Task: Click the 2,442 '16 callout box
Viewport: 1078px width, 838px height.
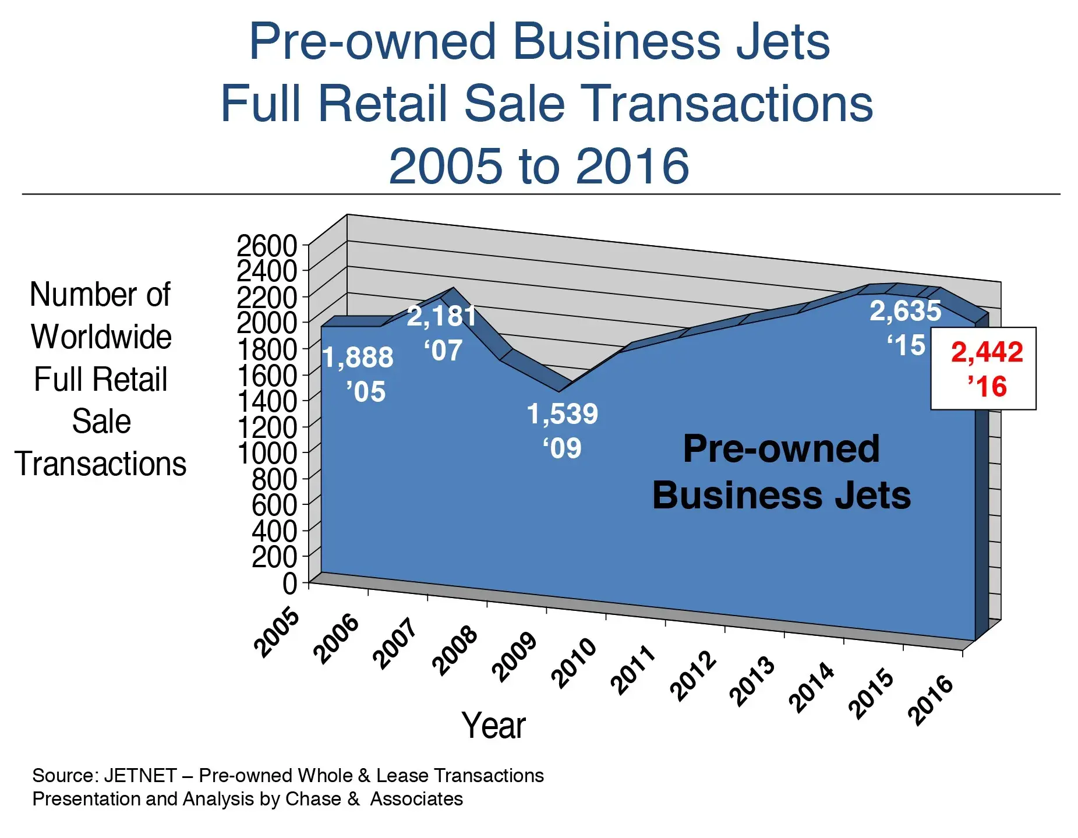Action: click(x=982, y=369)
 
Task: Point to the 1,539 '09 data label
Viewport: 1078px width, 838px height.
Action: click(x=562, y=430)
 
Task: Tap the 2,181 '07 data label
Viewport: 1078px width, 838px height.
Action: click(x=441, y=333)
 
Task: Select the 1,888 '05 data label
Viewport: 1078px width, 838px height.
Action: click(x=358, y=374)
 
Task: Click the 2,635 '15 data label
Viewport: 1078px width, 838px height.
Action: click(x=905, y=327)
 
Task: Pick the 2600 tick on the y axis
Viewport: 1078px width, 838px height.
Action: click(x=267, y=246)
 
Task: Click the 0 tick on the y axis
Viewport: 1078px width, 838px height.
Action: click(x=289, y=583)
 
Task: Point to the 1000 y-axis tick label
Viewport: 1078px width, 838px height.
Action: click(x=267, y=452)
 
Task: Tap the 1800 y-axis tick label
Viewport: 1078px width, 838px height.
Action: click(x=267, y=349)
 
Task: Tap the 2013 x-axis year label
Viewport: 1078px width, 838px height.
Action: click(x=753, y=682)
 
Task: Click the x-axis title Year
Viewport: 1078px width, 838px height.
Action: click(x=493, y=726)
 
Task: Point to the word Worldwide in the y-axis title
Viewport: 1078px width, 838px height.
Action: click(x=101, y=337)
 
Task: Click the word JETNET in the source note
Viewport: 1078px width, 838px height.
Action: click(x=140, y=776)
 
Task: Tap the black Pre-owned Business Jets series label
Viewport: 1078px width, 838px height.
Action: click(x=781, y=472)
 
